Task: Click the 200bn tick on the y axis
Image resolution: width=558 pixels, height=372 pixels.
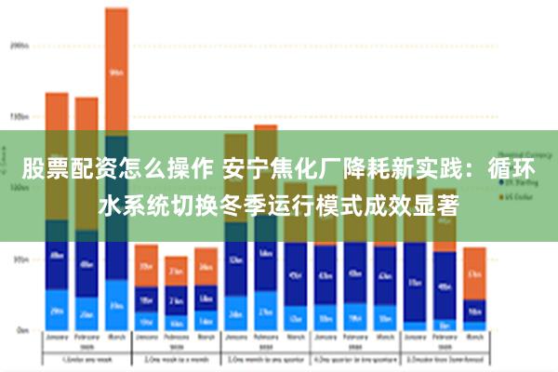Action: [x=19, y=45]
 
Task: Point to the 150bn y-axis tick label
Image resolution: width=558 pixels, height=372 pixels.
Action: [x=19, y=117]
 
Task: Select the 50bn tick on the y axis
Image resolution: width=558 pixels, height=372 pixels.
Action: [x=20, y=259]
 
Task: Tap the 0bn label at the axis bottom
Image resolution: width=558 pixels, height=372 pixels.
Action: [x=21, y=329]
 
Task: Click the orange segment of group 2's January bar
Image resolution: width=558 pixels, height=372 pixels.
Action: [x=146, y=264]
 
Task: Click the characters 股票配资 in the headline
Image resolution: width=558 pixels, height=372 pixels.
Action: [x=61, y=170]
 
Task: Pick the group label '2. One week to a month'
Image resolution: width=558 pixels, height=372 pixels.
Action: [x=176, y=358]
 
